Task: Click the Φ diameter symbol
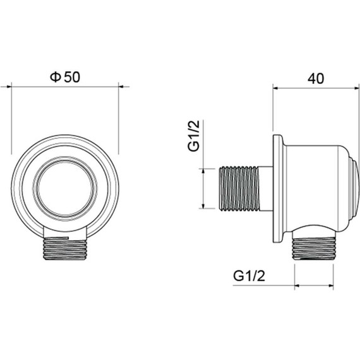[55, 76]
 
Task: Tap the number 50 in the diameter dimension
[72, 76]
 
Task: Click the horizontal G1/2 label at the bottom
[248, 275]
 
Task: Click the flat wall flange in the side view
[277, 187]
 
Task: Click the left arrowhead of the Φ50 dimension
[14, 87]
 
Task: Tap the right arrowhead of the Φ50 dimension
[116, 87]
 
